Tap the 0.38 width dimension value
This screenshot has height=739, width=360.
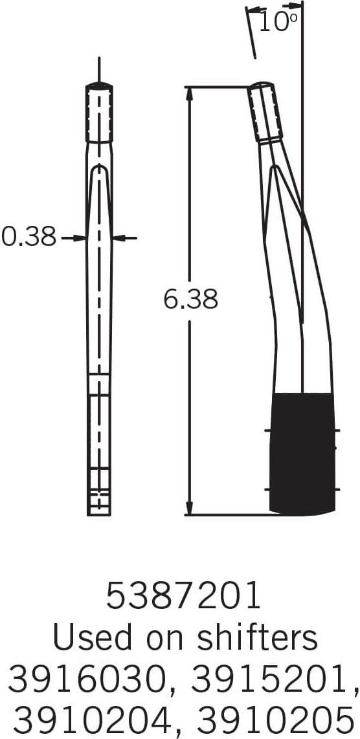point(29,237)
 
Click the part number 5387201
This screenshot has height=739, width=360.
point(183,596)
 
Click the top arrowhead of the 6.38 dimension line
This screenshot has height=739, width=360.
point(189,93)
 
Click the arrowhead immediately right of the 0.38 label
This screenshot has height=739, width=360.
point(82,238)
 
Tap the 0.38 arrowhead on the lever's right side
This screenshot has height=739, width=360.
point(118,238)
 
